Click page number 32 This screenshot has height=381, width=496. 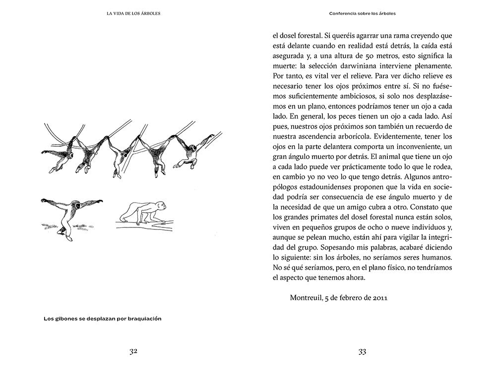click(133, 351)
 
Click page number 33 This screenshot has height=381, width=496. click(362, 351)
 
